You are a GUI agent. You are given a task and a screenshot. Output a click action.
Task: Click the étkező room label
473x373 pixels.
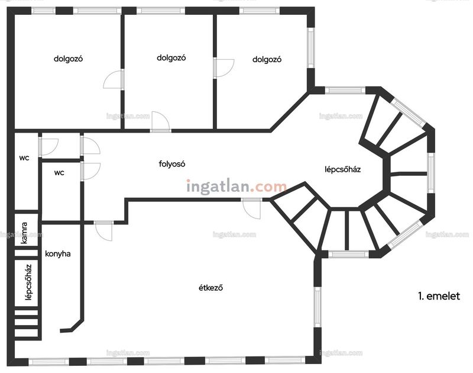click(210, 288)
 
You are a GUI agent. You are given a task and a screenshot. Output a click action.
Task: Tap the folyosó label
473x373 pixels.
click(172, 164)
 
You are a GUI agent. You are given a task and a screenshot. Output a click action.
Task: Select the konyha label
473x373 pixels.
click(58, 254)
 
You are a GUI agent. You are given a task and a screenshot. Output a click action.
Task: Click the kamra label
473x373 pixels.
click(24, 233)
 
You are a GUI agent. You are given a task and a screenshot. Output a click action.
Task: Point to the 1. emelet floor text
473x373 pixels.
click(439, 296)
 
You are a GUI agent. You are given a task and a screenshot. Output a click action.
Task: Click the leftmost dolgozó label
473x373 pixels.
click(68, 59)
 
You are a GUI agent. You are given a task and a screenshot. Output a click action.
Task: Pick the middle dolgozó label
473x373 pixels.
click(171, 57)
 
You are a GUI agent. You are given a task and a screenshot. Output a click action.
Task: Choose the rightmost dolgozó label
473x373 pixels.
click(267, 59)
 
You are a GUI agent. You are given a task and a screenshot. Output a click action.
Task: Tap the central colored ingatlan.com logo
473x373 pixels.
click(237, 186)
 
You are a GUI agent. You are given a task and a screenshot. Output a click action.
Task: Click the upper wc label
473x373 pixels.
click(24, 158)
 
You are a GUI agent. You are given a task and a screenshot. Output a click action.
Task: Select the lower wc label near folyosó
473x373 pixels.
click(59, 173)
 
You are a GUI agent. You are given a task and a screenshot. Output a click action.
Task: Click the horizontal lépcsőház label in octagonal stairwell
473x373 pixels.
click(343, 169)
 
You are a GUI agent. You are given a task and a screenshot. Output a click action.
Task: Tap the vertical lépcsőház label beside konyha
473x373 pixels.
click(28, 282)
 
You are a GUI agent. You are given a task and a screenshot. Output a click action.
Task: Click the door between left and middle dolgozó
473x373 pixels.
click(114, 79)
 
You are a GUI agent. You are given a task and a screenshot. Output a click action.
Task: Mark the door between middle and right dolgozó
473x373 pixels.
click(223, 68)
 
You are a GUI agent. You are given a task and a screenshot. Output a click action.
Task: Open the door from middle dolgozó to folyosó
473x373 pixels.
click(160, 122)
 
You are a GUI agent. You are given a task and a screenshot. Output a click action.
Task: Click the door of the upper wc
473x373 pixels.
click(48, 147)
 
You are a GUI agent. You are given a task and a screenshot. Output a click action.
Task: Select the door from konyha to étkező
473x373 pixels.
click(103, 231)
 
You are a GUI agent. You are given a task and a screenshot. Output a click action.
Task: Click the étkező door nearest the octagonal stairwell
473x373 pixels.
click(251, 208)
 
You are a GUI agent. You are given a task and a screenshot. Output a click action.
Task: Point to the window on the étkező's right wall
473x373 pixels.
click(318, 307)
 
